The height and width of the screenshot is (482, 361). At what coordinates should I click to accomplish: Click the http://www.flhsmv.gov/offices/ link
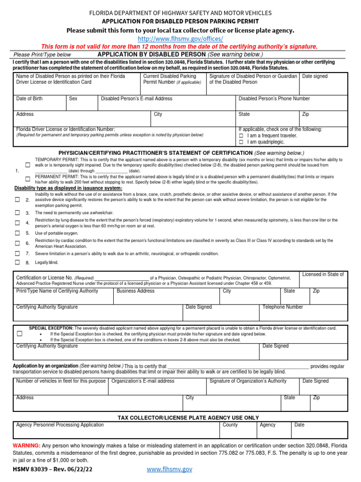coord(180,39)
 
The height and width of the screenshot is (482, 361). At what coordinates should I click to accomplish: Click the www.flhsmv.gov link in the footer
coord(169,469)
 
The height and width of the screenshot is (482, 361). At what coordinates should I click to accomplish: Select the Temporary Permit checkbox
coord(28,165)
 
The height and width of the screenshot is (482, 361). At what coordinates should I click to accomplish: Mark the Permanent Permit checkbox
coord(28,179)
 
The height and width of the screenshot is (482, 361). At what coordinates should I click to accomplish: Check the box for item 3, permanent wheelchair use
coord(17,213)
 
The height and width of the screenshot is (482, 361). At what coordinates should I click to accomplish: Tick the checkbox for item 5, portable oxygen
coord(17,233)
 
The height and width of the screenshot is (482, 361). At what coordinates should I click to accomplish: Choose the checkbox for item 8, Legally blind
coord(17,262)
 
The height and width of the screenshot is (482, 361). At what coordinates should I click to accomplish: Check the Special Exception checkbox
coord(20,334)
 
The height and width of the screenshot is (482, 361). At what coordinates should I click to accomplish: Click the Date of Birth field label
coord(29,99)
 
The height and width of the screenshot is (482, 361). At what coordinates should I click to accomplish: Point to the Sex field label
coord(73,99)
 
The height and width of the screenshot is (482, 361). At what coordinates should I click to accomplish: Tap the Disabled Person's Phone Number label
coord(274,99)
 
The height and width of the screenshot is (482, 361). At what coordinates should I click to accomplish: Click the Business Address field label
coord(135,291)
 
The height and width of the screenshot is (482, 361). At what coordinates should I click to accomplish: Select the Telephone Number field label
coord(283,307)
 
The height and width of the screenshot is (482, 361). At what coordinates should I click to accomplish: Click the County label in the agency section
coord(230,425)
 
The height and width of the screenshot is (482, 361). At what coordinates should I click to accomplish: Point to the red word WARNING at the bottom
coord(26,445)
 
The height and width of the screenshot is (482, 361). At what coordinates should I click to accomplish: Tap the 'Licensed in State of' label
coord(322,274)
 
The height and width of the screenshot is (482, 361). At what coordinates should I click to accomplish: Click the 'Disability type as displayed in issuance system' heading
coord(68,188)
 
